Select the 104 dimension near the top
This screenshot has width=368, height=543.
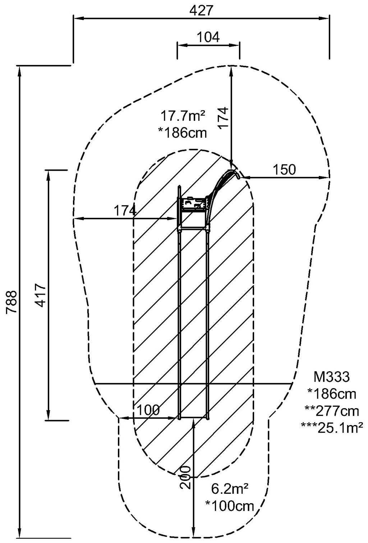pyautogui.click(x=208, y=37)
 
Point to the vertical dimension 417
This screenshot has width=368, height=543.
pyautogui.click(x=41, y=295)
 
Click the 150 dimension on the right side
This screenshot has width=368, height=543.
pyautogui.click(x=284, y=170)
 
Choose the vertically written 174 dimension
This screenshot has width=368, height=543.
pyautogui.click(x=223, y=118)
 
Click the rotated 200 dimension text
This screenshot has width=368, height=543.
pyautogui.click(x=185, y=477)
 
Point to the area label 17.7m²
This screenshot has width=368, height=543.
pyautogui.click(x=183, y=116)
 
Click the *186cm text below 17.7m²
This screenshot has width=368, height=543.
pyautogui.click(x=183, y=133)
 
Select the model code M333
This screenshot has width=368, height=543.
pyautogui.click(x=331, y=377)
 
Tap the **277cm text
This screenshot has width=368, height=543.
pyautogui.click(x=331, y=411)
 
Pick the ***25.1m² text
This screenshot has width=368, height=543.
pyautogui.click(x=331, y=427)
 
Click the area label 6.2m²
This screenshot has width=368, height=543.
pyautogui.click(x=230, y=489)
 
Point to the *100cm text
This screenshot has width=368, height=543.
pyautogui.click(x=230, y=506)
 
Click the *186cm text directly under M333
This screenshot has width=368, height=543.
pyautogui.click(x=331, y=394)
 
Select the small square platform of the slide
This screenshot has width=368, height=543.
pyautogui.click(x=194, y=204)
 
